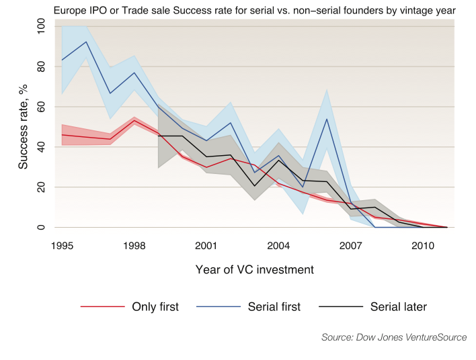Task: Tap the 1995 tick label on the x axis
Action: (61, 246)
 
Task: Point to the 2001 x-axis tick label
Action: (206, 246)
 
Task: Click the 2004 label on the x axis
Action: (278, 246)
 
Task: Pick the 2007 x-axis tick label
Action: (350, 246)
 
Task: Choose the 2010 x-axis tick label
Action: (423, 246)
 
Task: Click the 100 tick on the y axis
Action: (41, 26)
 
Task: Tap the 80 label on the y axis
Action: (41, 66)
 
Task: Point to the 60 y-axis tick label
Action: (41, 107)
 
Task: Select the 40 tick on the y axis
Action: (41, 147)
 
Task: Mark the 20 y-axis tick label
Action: (41, 187)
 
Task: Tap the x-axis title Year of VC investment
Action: (254, 270)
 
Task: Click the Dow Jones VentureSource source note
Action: (394, 337)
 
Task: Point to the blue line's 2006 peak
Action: (327, 119)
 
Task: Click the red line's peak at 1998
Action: (134, 121)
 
